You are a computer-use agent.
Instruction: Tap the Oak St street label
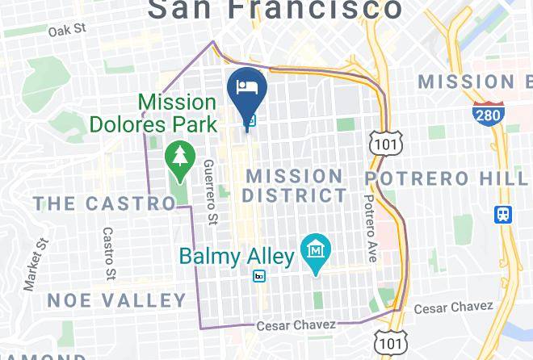(x=66, y=30)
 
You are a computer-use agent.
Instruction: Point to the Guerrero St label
(x=210, y=191)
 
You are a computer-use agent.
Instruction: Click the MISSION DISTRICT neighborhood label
(x=295, y=186)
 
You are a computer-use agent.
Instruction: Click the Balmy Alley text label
(x=236, y=257)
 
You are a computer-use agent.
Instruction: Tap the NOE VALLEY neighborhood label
(x=116, y=301)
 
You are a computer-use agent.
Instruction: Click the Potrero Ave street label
(x=371, y=228)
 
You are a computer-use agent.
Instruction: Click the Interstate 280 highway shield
(x=489, y=115)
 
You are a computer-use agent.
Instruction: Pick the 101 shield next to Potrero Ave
(x=382, y=142)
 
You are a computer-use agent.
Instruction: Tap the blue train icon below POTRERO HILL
(x=502, y=214)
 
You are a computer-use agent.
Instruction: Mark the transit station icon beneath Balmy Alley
(x=258, y=276)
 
